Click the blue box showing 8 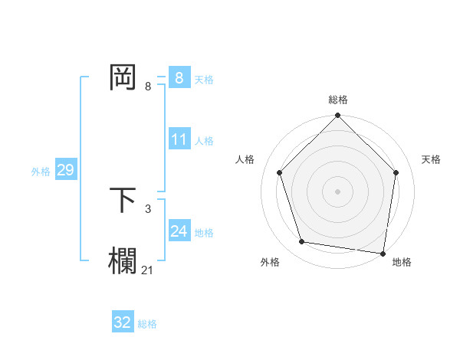pyautogui.click(x=179, y=78)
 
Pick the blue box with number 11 pyautogui.click(x=179, y=139)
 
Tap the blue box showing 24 pyautogui.click(x=179, y=231)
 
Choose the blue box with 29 pyautogui.click(x=65, y=170)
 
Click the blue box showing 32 pyautogui.click(x=123, y=322)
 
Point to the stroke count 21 pyautogui.click(x=148, y=269)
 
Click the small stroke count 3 pyautogui.click(x=148, y=208)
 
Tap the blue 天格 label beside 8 pyautogui.click(x=204, y=79)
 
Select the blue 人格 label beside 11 pyautogui.click(x=204, y=141)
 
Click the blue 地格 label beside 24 pyautogui.click(x=204, y=233)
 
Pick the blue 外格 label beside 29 pyautogui.click(x=41, y=172)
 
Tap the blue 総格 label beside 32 pyautogui.click(x=147, y=324)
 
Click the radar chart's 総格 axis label pyautogui.click(x=337, y=100)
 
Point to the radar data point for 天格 pyautogui.click(x=396, y=172)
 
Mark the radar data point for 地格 pyautogui.click(x=383, y=253)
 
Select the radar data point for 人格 pyautogui.click(x=280, y=172)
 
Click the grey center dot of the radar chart pyautogui.click(x=337, y=191)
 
